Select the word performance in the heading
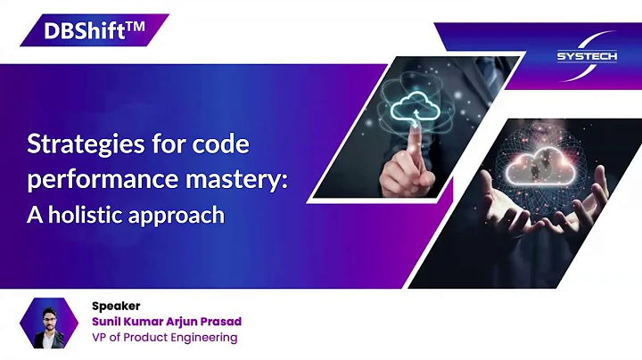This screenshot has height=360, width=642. [92, 179]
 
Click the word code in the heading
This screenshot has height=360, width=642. [224, 143]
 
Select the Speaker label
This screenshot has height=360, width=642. [116, 306]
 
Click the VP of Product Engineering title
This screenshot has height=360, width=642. [165, 338]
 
